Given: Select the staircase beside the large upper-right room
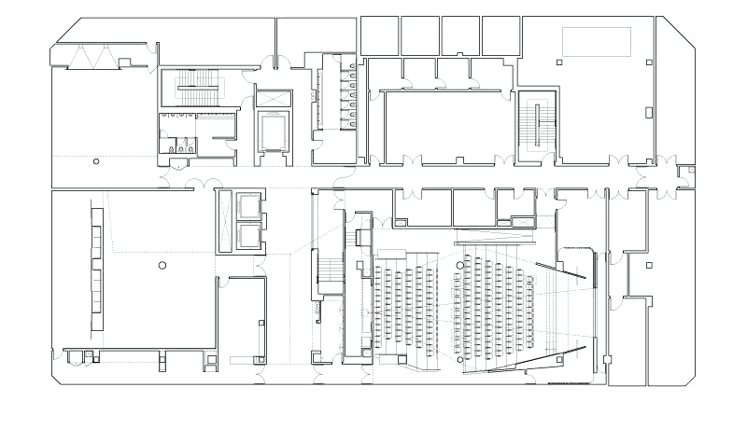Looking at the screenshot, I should point(537,125).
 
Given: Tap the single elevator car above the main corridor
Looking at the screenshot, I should point(273,131).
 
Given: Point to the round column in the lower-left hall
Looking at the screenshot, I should point(162,266).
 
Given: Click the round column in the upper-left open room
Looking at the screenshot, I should point(96,161).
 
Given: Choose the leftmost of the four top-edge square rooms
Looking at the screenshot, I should point(380,35).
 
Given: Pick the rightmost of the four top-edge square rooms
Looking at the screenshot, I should point(500,35).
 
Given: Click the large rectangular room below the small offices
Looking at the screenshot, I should point(446,125).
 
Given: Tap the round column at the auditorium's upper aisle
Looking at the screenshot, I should point(459,266).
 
